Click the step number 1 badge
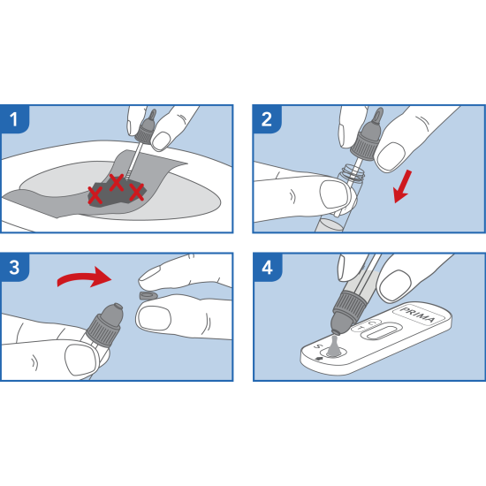[x=14, y=119]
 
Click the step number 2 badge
[x=267, y=119]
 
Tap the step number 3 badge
[x=14, y=268]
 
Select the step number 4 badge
[x=267, y=268]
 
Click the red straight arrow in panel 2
[x=403, y=186]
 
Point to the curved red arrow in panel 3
[x=84, y=277]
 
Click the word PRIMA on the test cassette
[x=417, y=315]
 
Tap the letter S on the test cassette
[x=317, y=346]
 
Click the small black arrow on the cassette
[x=319, y=359]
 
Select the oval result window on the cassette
[x=382, y=332]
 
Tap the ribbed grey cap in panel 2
[x=366, y=146]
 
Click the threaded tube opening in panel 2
[x=353, y=172]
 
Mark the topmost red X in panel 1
[x=117, y=183]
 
